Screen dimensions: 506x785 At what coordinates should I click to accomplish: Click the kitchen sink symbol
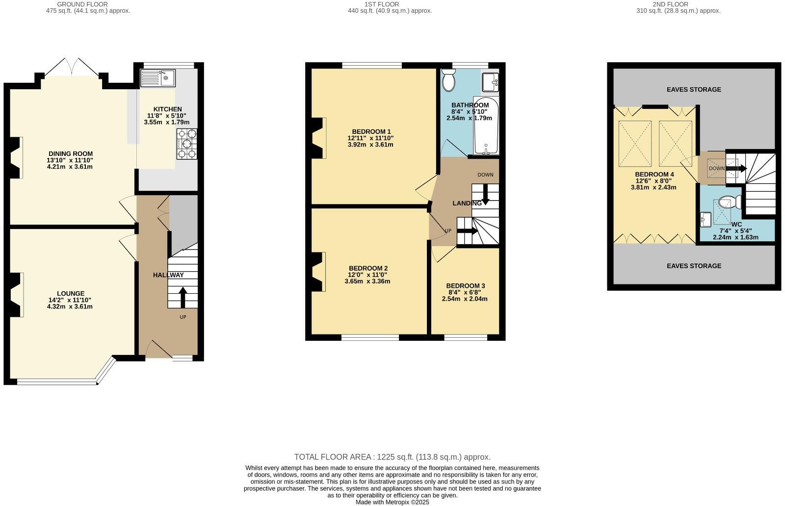click(158, 77)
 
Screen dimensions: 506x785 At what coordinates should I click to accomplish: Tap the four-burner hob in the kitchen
click(187, 144)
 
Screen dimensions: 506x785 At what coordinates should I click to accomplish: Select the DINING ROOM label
click(70, 154)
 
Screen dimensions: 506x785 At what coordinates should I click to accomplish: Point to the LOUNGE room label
click(70, 294)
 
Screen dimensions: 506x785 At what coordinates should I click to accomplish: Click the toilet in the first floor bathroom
click(448, 80)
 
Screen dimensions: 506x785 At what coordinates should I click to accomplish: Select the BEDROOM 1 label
click(371, 131)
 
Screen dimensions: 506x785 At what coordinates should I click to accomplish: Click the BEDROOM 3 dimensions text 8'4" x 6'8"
click(465, 292)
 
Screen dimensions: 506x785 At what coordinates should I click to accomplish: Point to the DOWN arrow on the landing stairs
click(485, 194)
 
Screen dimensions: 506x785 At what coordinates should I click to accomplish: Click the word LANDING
click(467, 203)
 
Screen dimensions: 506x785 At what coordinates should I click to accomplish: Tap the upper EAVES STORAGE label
click(694, 89)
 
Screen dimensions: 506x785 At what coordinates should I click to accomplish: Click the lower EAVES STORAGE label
click(694, 266)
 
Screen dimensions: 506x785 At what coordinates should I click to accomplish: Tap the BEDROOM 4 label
click(654, 175)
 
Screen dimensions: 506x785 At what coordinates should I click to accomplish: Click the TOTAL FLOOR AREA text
click(392, 457)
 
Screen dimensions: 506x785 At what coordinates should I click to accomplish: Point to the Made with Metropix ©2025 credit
click(392, 502)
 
